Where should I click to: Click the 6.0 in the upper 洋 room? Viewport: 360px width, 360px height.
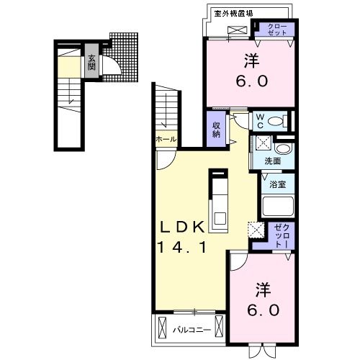[x=250, y=81]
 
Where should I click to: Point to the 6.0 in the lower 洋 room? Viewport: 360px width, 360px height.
[x=260, y=312]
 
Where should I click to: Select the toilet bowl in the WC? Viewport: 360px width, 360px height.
[x=281, y=120]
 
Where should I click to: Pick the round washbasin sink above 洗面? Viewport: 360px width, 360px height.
[x=283, y=149]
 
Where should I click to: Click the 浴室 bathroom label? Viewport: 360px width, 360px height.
[x=277, y=184]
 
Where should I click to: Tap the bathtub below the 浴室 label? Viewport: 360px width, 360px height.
[x=277, y=207]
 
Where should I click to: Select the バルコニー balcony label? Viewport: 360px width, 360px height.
[x=192, y=330]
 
